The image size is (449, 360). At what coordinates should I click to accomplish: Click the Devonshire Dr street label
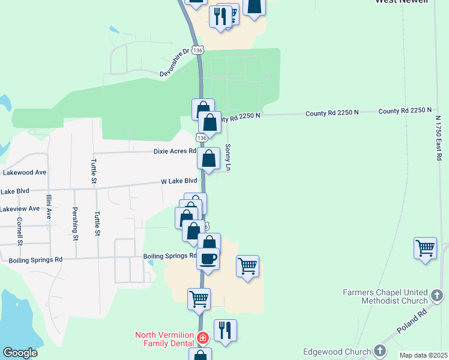pyautogui.click(x=174, y=62)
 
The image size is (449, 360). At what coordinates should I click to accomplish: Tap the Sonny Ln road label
pyautogui.click(x=228, y=157)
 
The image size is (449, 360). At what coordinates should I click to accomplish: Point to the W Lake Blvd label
pyautogui.click(x=179, y=181)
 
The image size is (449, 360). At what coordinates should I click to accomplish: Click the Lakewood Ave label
pyautogui.click(x=25, y=172)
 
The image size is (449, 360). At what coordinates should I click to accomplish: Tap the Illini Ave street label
pyautogui.click(x=49, y=206)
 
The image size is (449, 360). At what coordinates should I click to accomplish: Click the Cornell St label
pyautogui.click(x=20, y=231)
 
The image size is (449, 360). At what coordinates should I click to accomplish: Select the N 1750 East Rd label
pyautogui.click(x=439, y=137)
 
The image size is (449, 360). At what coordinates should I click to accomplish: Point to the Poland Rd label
pyautogui.click(x=414, y=321)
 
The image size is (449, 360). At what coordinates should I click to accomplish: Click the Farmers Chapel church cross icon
pyautogui.click(x=437, y=296)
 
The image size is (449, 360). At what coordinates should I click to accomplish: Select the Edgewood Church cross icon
pyautogui.click(x=379, y=352)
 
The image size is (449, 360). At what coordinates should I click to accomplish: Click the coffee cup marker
pyautogui.click(x=208, y=259)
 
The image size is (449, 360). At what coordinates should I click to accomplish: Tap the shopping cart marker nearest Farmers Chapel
pyautogui.click(x=425, y=247)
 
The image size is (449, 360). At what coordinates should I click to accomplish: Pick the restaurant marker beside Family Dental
pyautogui.click(x=225, y=329)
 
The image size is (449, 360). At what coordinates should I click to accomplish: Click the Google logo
pyautogui.click(x=20, y=353)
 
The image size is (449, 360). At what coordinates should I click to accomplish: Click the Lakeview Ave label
pyautogui.click(x=20, y=209)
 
